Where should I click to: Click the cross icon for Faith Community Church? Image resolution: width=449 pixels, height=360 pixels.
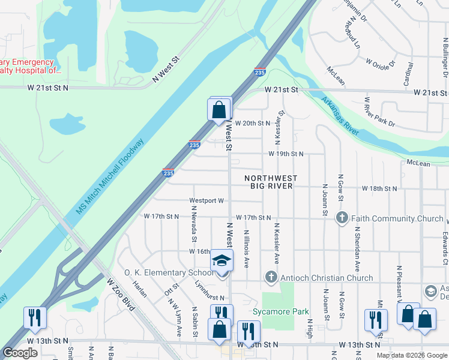[342, 218]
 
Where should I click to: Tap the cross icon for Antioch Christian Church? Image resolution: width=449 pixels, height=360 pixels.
[271, 277]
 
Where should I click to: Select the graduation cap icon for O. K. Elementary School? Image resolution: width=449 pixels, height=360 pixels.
[221, 262]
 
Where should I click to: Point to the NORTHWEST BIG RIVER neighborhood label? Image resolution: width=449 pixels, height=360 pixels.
[271, 182]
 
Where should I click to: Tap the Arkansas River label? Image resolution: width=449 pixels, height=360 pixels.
[340, 116]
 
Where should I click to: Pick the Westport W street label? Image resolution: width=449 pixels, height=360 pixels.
[206, 201]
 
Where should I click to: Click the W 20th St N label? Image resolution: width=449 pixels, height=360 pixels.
[253, 123]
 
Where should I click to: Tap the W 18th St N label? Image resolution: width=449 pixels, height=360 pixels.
[379, 188]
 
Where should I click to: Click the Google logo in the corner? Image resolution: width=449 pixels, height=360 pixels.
[20, 352]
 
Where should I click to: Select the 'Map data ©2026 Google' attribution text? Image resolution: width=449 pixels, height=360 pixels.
[411, 355]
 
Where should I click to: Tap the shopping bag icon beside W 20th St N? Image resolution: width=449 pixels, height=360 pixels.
[219, 111]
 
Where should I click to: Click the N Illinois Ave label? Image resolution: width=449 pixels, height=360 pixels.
[246, 247]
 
